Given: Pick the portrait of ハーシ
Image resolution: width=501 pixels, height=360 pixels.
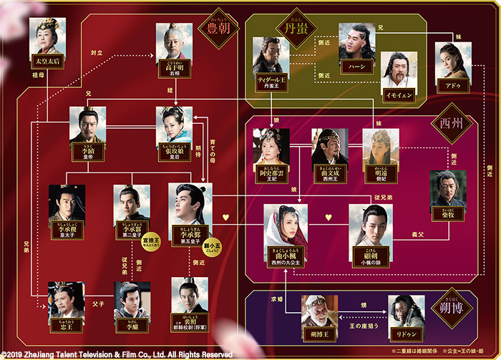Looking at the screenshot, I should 356,41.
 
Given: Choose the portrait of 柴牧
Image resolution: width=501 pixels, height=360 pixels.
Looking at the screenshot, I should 448,188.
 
